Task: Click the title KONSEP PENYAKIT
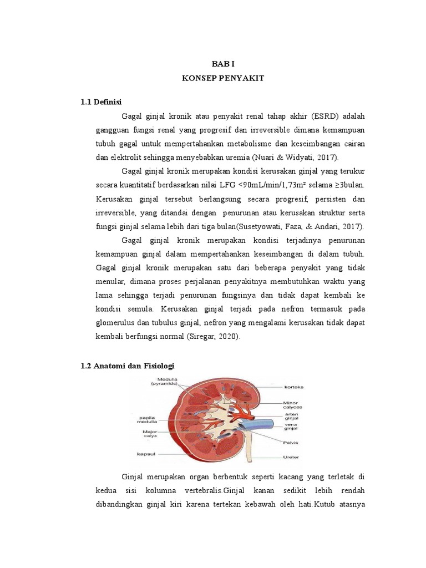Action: click(x=223, y=79)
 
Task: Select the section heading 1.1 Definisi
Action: click(x=101, y=102)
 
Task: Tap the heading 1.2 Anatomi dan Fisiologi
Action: click(x=128, y=367)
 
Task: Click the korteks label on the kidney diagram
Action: click(x=293, y=387)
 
